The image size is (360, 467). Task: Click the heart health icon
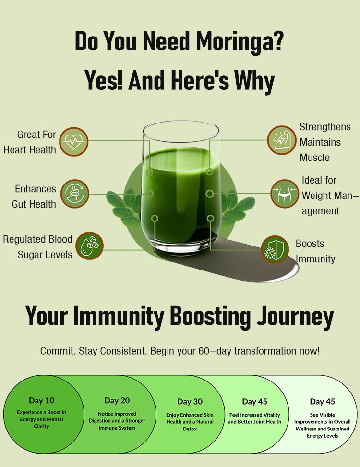[74, 141]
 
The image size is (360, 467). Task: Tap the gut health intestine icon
[75, 194]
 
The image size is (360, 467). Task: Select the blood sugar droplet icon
[90, 246]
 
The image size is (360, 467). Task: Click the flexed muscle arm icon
[281, 140]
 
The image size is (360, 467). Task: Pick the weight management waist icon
[285, 194]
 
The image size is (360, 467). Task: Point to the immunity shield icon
[275, 249]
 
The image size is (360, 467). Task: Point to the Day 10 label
[41, 400]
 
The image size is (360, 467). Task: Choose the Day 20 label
[117, 400]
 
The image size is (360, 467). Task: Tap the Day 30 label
[190, 402]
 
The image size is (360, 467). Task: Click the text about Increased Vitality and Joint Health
[255, 418]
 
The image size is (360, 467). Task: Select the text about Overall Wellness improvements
[323, 425]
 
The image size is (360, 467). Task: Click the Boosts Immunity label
[315, 251]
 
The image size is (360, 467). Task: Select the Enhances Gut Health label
[34, 197]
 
